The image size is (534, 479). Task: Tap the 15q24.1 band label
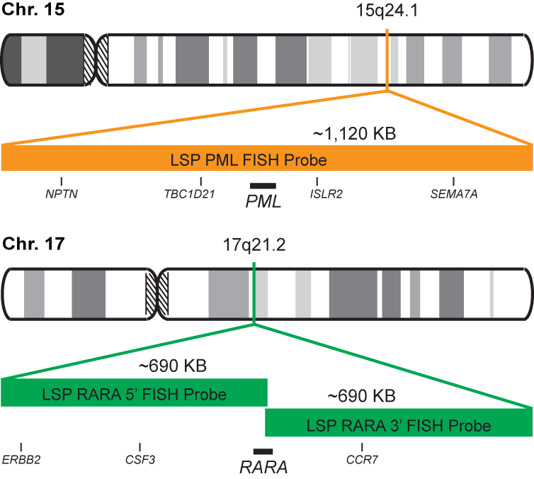(387, 13)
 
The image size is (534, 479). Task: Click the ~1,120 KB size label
(353, 133)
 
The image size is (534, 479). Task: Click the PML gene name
(263, 201)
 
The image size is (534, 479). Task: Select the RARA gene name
(263, 467)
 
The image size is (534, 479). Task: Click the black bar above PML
(263, 186)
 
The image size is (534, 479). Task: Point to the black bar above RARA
(263, 451)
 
